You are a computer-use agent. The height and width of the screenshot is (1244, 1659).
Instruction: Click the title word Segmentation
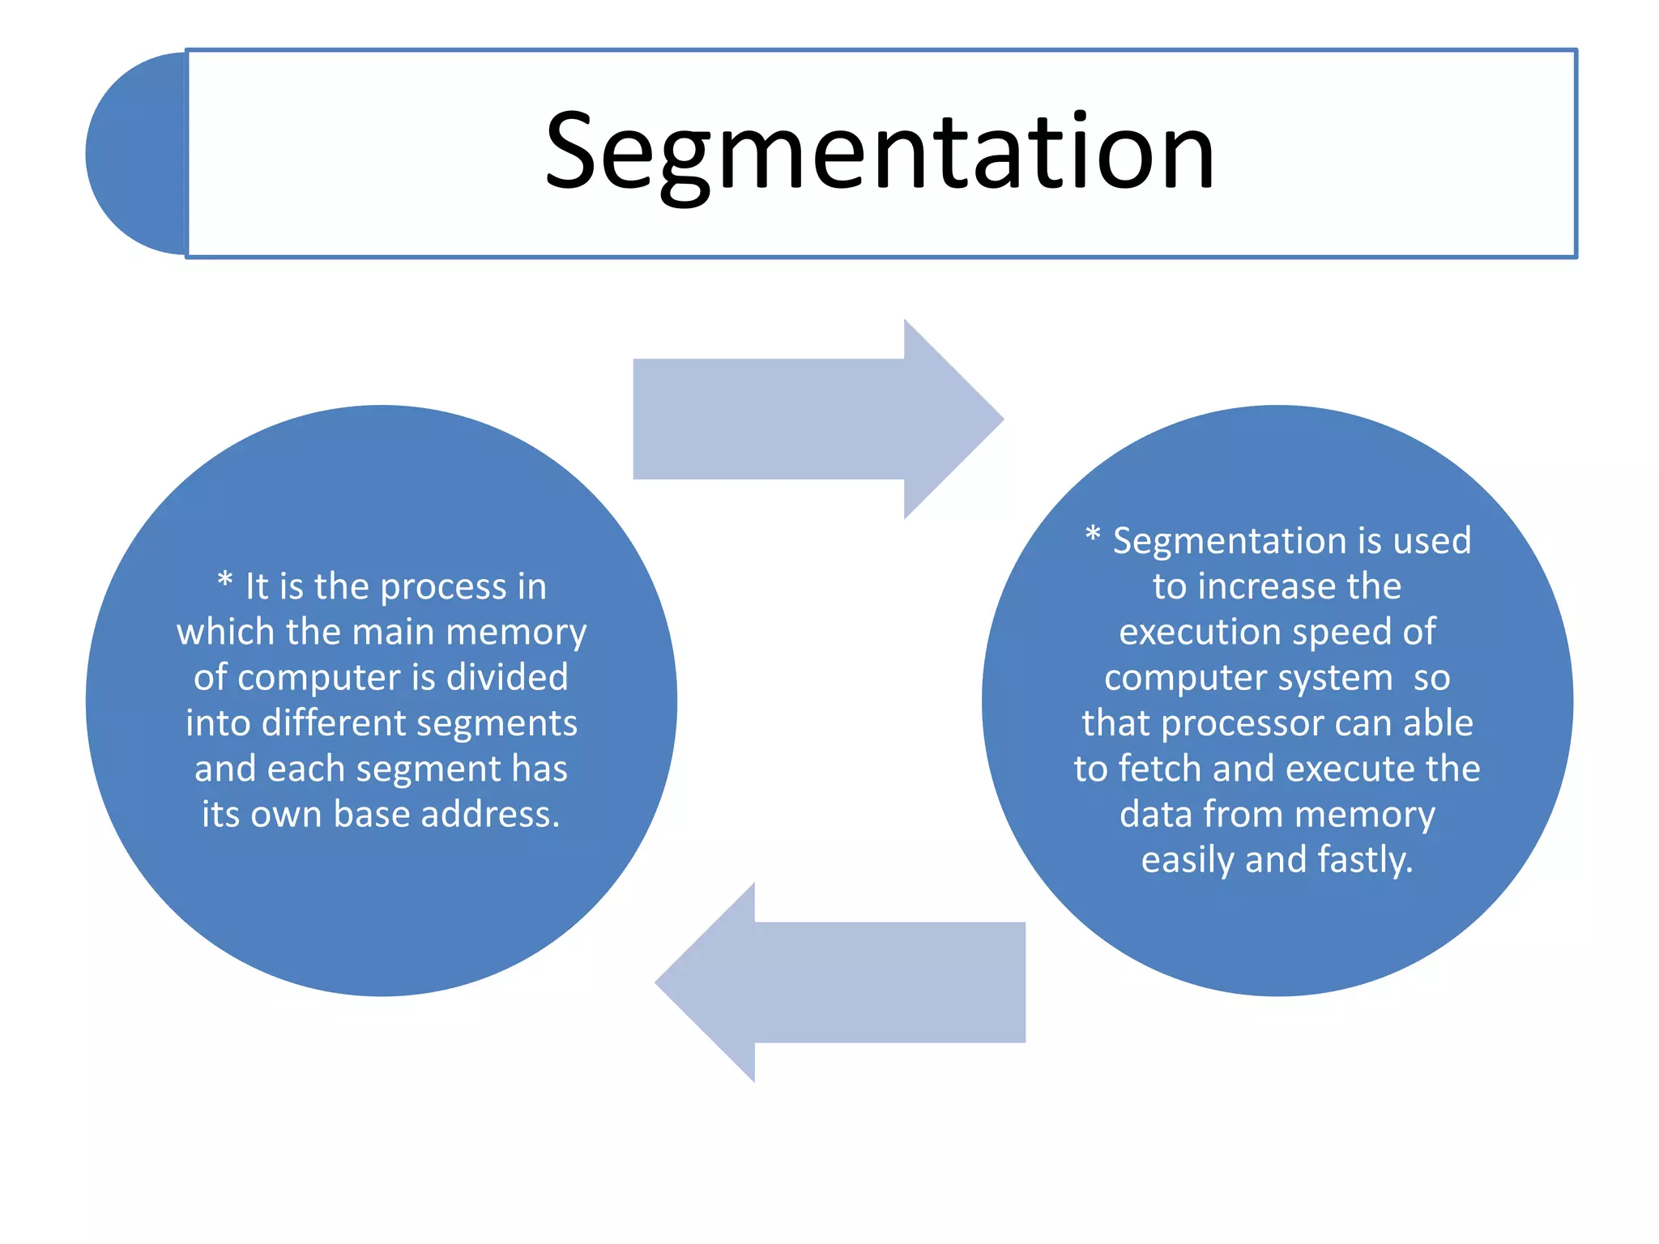(880, 152)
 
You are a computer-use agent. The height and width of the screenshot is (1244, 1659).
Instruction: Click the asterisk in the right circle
(1093, 535)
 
